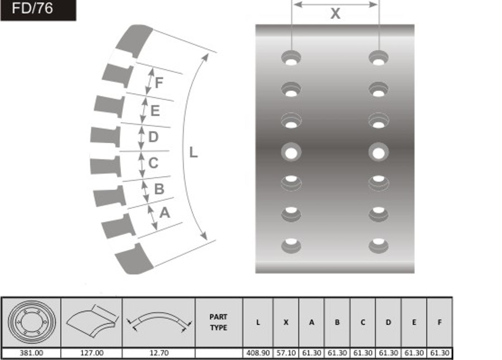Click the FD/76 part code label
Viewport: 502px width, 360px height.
(32, 8)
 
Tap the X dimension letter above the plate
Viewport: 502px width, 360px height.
(335, 14)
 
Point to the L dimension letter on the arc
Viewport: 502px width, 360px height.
(194, 152)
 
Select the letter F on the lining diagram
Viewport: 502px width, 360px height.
(159, 82)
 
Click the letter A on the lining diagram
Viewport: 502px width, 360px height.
(165, 212)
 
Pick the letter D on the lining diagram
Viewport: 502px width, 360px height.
(153, 137)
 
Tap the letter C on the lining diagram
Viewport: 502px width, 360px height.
(153, 163)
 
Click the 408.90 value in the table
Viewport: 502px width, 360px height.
(258, 353)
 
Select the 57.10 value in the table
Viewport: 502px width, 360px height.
(286, 353)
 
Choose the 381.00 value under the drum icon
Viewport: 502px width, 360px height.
(31, 353)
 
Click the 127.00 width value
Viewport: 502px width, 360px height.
(91, 353)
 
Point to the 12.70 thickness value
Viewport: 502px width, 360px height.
(159, 353)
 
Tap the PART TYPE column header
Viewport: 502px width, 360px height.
(219, 322)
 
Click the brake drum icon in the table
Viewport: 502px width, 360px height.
(32, 322)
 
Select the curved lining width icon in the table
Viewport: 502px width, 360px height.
(92, 321)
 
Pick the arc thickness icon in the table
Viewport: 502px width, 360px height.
(159, 322)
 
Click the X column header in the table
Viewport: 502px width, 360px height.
(286, 322)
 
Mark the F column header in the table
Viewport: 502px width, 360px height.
(440, 322)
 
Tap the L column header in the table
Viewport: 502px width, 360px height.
(258, 322)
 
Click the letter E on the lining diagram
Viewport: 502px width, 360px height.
(155, 111)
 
